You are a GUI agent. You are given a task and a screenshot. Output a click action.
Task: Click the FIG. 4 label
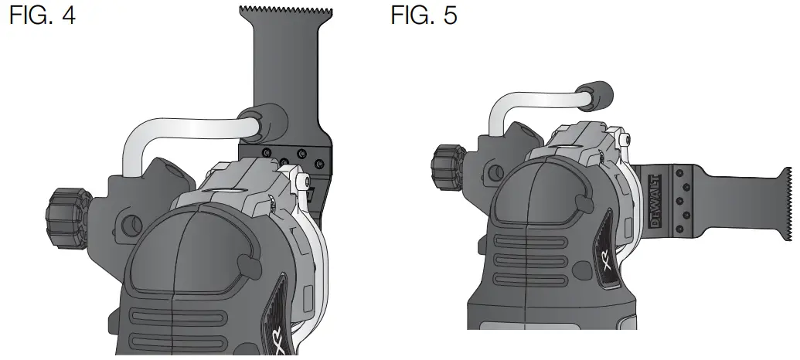pos(43,15)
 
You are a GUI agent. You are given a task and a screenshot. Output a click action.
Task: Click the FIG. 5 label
pos(424,15)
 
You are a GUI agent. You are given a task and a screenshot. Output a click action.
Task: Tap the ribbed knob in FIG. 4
pos(68,219)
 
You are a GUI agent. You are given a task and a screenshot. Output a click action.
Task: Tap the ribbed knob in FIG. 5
pos(450,167)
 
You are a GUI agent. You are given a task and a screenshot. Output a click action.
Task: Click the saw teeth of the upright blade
pos(286,10)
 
